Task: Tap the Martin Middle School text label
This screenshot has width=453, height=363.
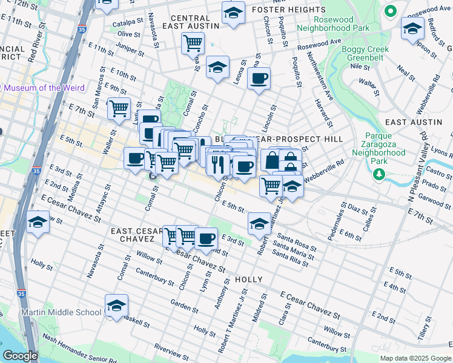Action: pos(61,312)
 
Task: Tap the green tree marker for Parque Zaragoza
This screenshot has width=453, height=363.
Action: pos(379,174)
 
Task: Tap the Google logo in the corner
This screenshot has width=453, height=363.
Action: pos(21,355)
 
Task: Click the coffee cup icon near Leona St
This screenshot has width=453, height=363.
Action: pos(259,79)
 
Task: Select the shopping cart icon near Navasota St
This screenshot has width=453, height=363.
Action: pos(193,44)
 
